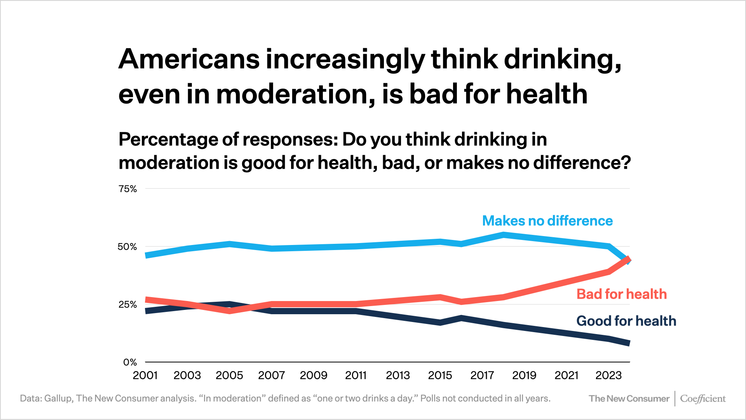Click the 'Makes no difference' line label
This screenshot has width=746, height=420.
click(x=547, y=221)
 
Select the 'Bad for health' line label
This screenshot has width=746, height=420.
click(x=621, y=294)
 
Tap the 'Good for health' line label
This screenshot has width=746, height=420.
click(x=626, y=321)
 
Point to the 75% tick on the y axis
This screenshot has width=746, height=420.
click(x=128, y=189)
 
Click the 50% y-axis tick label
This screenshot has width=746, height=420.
click(x=127, y=247)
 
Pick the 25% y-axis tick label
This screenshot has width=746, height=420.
click(x=128, y=304)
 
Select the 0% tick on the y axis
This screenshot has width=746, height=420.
click(x=130, y=362)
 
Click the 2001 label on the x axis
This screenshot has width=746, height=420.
click(x=145, y=375)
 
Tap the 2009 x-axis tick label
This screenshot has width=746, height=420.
click(x=314, y=375)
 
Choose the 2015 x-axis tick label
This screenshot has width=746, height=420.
click(x=440, y=375)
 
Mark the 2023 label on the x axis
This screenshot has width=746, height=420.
click(x=608, y=375)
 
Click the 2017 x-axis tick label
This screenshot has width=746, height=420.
click(x=482, y=375)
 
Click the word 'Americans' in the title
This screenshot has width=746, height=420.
click(x=189, y=59)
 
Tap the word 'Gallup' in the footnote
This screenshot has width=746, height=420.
click(x=58, y=399)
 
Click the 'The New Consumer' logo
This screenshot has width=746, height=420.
click(x=629, y=399)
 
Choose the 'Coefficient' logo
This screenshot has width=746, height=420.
click(x=703, y=399)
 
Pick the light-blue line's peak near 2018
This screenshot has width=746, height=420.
click(x=503, y=235)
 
